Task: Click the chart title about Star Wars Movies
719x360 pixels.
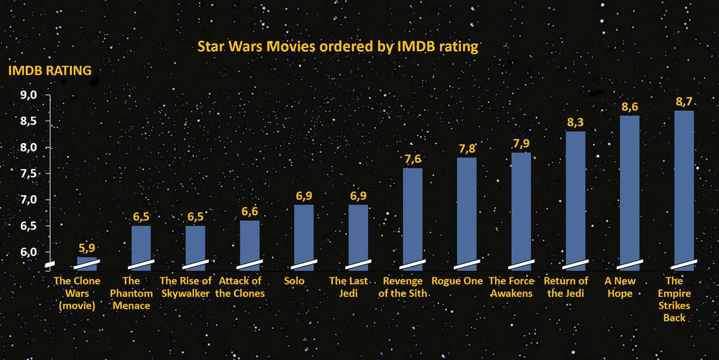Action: point(338,47)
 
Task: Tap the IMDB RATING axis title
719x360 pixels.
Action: point(50,71)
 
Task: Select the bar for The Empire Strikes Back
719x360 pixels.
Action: point(684,187)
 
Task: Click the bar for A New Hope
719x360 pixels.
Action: point(630,190)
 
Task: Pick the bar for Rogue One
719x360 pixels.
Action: point(467,211)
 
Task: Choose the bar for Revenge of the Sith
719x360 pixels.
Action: point(412,216)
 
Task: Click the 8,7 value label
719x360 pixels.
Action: point(684,102)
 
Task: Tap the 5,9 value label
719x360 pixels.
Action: point(87,248)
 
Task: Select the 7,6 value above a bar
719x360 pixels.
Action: point(412,159)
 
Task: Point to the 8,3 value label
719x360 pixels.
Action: point(575,123)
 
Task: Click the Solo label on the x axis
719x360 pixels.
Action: point(294,281)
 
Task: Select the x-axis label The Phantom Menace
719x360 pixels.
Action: point(131,293)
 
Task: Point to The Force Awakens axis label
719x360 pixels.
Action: point(512,287)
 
